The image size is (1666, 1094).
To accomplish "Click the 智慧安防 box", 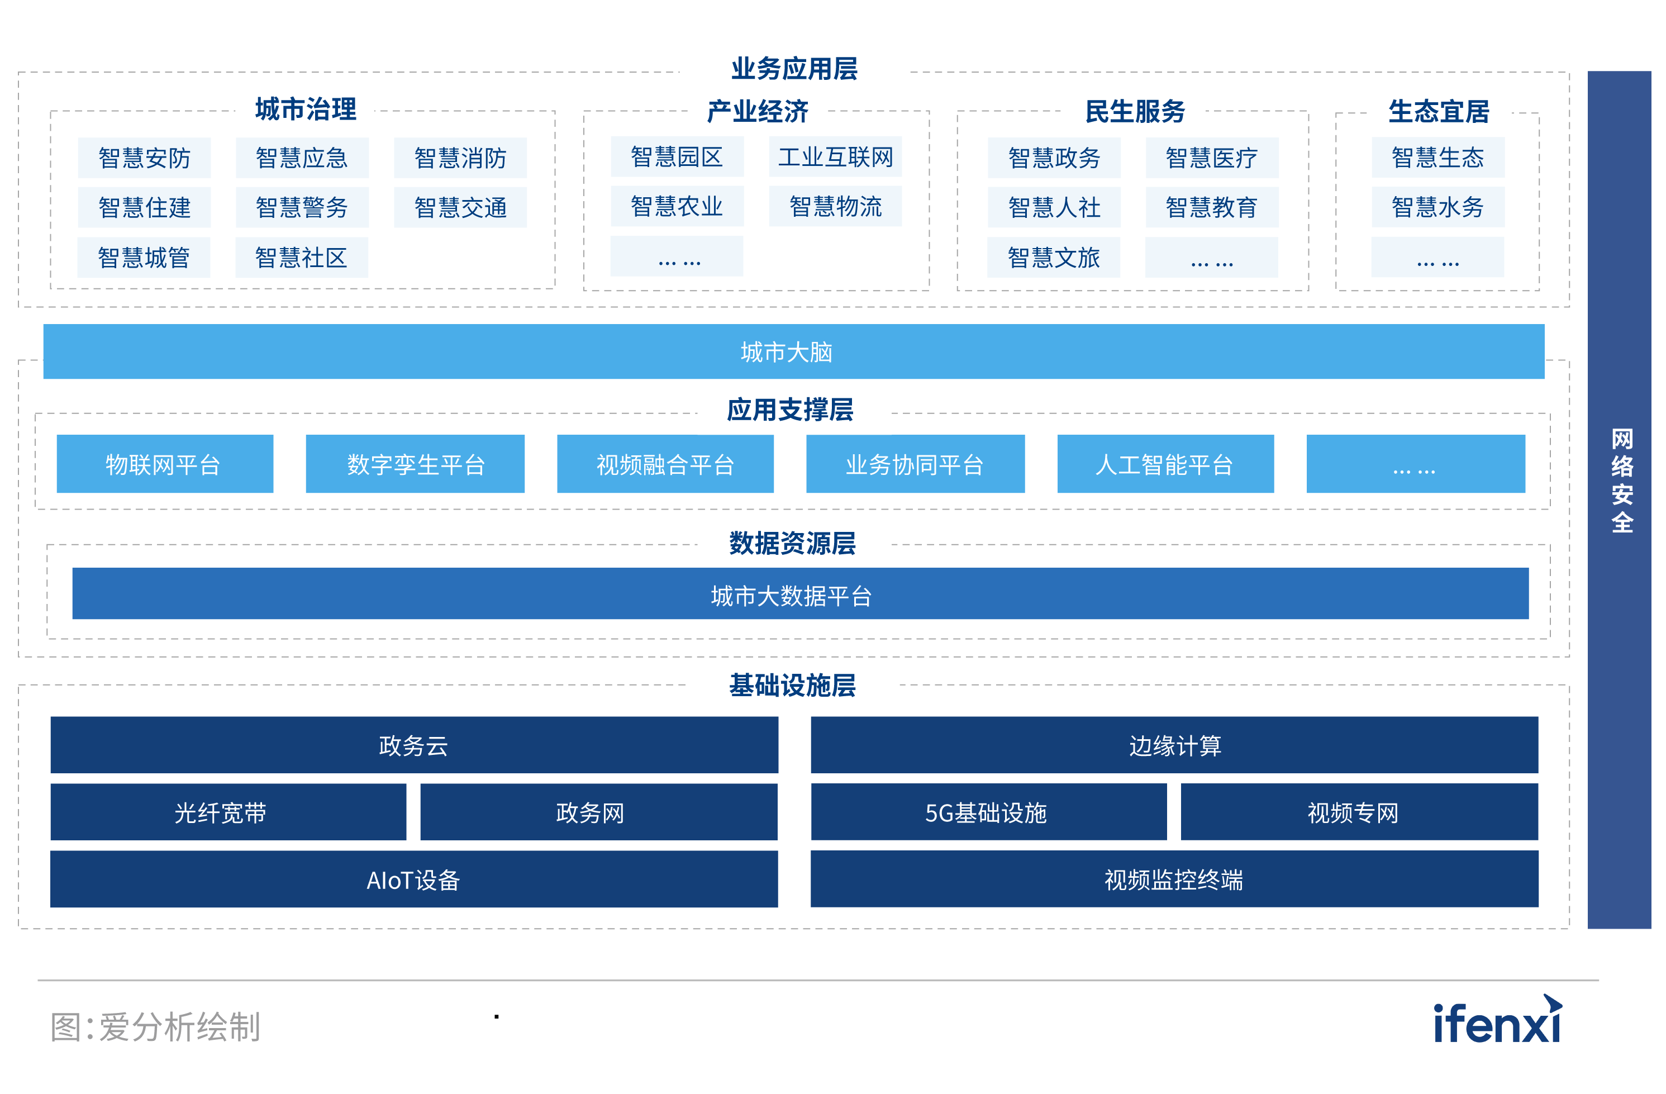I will pyautogui.click(x=144, y=158).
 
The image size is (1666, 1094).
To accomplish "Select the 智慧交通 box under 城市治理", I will pyautogui.click(x=460, y=207).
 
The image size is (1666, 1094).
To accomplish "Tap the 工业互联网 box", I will pyautogui.click(x=835, y=157).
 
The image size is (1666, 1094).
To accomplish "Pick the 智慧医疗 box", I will pyautogui.click(x=1211, y=158).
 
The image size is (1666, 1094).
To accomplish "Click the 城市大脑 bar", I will pyautogui.click(x=793, y=351).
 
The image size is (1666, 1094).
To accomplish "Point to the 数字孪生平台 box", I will pyautogui.click(x=415, y=464).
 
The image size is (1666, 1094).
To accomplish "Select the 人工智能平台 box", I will pyautogui.click(x=1165, y=464).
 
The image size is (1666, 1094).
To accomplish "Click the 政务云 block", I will pyautogui.click(x=413, y=745).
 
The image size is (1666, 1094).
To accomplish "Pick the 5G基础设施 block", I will pyautogui.click(x=988, y=812).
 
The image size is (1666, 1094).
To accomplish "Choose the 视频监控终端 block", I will pyautogui.click(x=1174, y=879).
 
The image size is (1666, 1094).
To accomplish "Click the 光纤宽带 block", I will pyautogui.click(x=228, y=812).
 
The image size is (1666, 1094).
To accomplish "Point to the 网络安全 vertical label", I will pyautogui.click(x=1621, y=481).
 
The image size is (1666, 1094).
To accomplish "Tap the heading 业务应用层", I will pyautogui.click(x=794, y=69).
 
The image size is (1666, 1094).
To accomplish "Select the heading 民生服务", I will pyautogui.click(x=1134, y=111).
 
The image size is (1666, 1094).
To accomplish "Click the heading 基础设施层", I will pyautogui.click(x=792, y=684).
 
